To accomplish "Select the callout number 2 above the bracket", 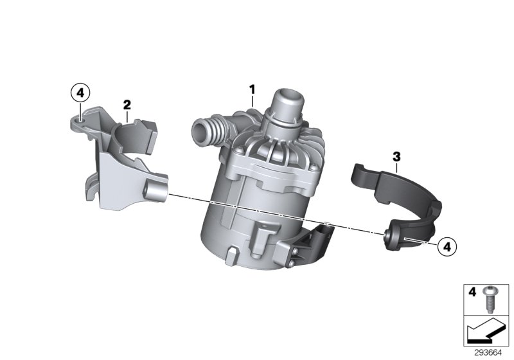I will tap(127, 104).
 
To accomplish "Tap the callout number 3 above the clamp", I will tap(396, 156).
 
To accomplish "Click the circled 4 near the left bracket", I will tap(79, 94).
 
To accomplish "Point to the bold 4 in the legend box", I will tap(472, 292).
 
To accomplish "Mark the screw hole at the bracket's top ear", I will tap(78, 118).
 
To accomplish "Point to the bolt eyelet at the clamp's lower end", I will tap(390, 239).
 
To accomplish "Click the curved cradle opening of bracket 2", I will tap(134, 132).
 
